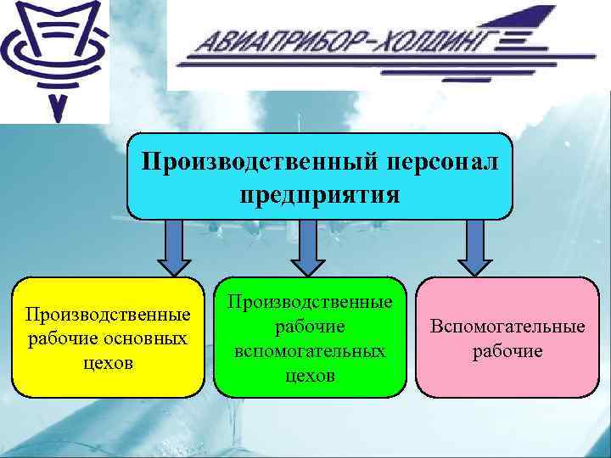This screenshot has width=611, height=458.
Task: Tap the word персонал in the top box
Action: (x=445, y=161)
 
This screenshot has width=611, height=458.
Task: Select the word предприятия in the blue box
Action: (x=320, y=195)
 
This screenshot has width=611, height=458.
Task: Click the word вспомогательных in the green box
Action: (x=309, y=350)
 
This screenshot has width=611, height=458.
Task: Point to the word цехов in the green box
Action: (x=309, y=374)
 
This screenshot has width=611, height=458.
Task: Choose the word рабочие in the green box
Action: (x=309, y=327)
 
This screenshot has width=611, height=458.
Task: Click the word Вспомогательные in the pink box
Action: (x=507, y=327)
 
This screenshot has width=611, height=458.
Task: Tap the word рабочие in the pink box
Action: (x=507, y=350)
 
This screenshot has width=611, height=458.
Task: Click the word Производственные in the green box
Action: (x=309, y=303)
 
